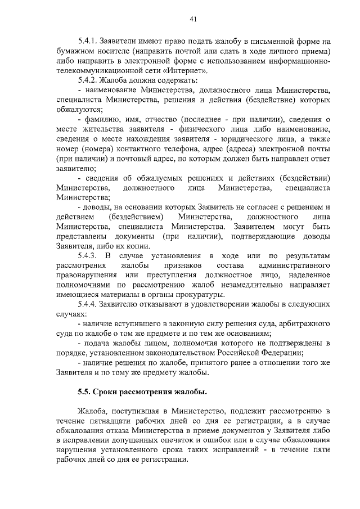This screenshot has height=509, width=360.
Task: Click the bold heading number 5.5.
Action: point(85,391)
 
